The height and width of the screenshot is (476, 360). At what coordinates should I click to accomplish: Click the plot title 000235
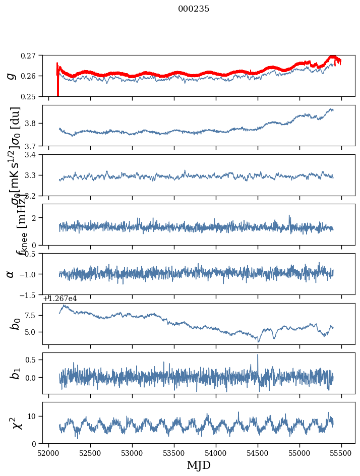(194, 9)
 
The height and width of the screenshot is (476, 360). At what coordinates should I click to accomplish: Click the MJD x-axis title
(199, 465)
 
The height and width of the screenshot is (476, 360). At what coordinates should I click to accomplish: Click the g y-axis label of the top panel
(10, 76)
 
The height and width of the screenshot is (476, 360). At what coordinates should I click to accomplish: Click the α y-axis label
(10, 274)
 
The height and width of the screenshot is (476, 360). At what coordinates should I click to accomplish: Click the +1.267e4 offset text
(59, 299)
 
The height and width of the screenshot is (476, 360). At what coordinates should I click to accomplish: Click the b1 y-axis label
(16, 373)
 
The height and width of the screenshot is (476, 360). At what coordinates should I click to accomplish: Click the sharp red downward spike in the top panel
(58, 91)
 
